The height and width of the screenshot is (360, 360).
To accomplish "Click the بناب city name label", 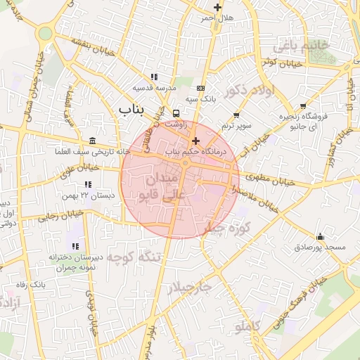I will point(136,109).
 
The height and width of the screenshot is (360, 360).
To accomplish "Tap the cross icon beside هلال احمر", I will point(218,8).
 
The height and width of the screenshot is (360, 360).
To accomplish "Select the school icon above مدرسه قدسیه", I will point(154,77).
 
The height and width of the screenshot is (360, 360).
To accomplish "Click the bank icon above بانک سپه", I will point(202,89).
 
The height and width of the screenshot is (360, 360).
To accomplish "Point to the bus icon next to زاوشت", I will point(175,112).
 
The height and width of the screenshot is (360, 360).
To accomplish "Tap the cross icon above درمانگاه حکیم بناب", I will point(195,141).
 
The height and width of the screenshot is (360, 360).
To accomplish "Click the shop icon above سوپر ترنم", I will point(236,115).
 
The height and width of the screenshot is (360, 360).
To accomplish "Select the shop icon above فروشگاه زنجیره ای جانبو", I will point(303,106).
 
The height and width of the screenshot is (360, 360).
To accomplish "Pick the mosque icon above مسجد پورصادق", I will point(321,236).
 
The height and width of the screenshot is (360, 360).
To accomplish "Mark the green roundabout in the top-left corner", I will point(46,33).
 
